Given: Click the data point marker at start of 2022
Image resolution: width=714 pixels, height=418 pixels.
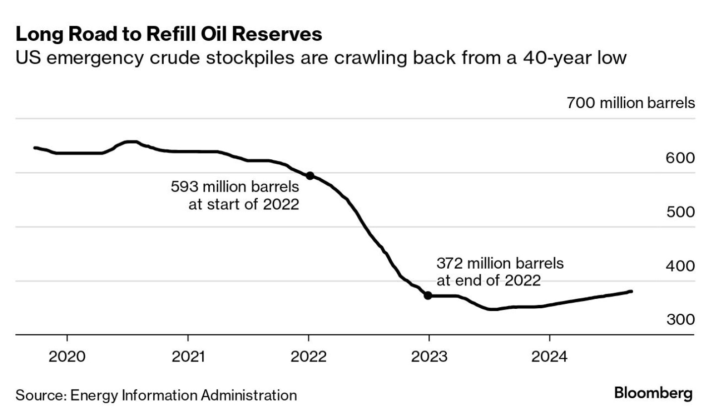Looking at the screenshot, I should pos(310,176).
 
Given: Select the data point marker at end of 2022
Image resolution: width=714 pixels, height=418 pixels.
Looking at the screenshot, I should pos(428,296).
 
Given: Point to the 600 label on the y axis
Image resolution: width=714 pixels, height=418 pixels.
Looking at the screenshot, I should pos(680,158).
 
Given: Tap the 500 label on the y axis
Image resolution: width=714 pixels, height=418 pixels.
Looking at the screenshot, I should pos(680,212).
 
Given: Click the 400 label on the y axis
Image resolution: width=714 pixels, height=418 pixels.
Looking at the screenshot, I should pos(680,266).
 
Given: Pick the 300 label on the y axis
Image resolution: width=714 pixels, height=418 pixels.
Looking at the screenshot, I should pos(680,319).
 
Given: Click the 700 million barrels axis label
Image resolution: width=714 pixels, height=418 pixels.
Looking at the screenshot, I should pos(631,103).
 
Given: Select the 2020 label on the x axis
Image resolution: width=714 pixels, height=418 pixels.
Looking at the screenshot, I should pos(67,356).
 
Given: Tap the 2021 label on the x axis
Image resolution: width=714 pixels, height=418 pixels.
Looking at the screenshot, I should pos(188,356).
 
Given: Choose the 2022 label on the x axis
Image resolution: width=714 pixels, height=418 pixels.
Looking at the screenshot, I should pos(308,356).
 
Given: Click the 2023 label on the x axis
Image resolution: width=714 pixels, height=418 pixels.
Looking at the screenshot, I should pos(429,356).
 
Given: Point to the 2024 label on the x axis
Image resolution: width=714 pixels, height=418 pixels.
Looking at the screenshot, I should pos(549,356).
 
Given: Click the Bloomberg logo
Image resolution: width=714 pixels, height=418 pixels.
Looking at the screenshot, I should pos(653,393).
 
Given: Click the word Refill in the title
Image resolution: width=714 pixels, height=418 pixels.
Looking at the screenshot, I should pos(173,34).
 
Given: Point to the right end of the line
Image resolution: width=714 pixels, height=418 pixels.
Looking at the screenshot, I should pos(631,291).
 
